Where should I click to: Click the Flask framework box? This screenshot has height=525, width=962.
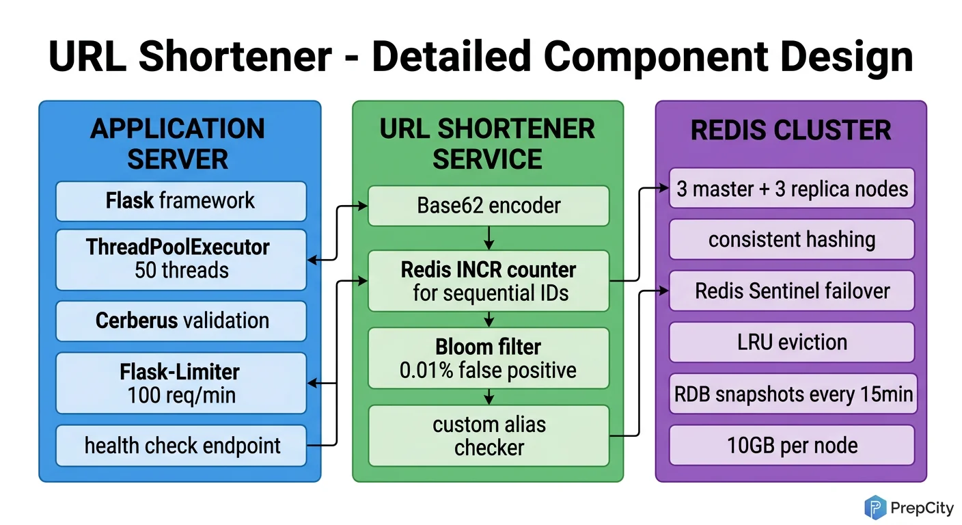pyautogui.click(x=180, y=201)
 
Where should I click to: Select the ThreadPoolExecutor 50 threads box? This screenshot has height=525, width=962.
pyautogui.click(x=180, y=259)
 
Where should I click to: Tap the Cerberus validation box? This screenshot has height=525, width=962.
pyautogui.click(x=180, y=321)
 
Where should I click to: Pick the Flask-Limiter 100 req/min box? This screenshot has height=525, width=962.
pyautogui.click(x=180, y=383)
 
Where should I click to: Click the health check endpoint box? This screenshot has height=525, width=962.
pyautogui.click(x=180, y=446)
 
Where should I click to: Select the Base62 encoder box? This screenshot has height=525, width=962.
pyautogui.click(x=489, y=205)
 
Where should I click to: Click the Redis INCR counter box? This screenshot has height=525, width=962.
pyautogui.click(x=489, y=281)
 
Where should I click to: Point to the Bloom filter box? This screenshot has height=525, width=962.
pyautogui.click(x=489, y=358)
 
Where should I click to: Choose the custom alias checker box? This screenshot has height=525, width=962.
pyautogui.click(x=489, y=435)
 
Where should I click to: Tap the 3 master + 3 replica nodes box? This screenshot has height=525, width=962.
pyautogui.click(x=791, y=189)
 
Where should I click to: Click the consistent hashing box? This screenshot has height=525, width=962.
pyautogui.click(x=791, y=239)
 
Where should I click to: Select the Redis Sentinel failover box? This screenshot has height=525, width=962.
pyautogui.click(x=791, y=291)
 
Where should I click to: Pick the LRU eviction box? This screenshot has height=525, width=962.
pyautogui.click(x=791, y=342)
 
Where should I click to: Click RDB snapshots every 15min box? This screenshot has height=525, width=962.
pyautogui.click(x=791, y=394)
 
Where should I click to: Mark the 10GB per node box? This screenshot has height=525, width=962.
pyautogui.click(x=791, y=446)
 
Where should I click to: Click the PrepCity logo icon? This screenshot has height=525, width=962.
pyautogui.click(x=875, y=507)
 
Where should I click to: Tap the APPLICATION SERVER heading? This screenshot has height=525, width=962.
pyautogui.click(x=178, y=144)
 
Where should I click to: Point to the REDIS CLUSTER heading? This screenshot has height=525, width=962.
pyautogui.click(x=791, y=130)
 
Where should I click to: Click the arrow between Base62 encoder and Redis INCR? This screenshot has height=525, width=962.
pyautogui.click(x=489, y=238)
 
